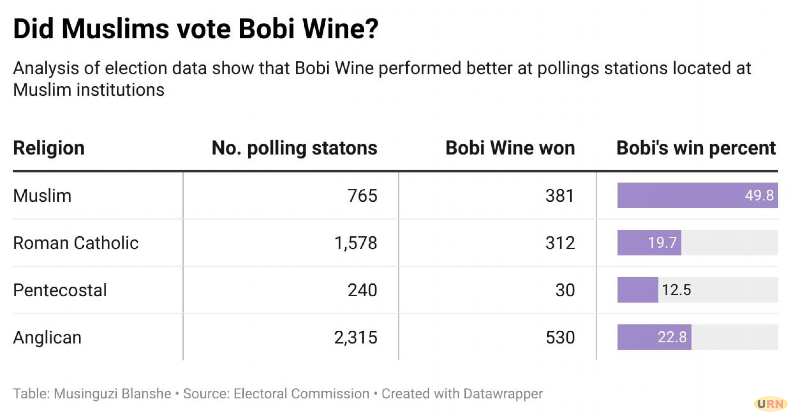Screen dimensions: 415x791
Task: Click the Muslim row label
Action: (42, 196)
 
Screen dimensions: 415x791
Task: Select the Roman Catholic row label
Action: (76, 243)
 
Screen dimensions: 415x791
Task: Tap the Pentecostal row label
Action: (60, 290)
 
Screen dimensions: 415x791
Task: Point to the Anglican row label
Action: (47, 337)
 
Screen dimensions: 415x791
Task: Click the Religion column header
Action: (49, 148)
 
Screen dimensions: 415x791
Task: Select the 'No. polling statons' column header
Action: (294, 148)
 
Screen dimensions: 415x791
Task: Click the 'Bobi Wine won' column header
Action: (510, 148)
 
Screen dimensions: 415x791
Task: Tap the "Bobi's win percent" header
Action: (695, 148)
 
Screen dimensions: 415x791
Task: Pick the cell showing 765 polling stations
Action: (362, 196)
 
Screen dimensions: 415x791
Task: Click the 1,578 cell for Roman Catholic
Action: (355, 243)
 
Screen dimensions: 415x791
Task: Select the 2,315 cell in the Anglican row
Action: (355, 337)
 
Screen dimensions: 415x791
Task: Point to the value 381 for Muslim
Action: (560, 196)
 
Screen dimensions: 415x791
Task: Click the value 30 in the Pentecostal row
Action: (565, 290)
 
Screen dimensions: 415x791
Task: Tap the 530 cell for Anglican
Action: (560, 337)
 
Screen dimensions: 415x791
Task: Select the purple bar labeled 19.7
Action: (649, 243)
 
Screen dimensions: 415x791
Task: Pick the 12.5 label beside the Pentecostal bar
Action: (676, 290)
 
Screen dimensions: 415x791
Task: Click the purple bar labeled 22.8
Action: (654, 337)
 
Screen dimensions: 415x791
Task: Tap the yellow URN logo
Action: (770, 404)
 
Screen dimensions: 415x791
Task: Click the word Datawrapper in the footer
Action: (503, 394)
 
